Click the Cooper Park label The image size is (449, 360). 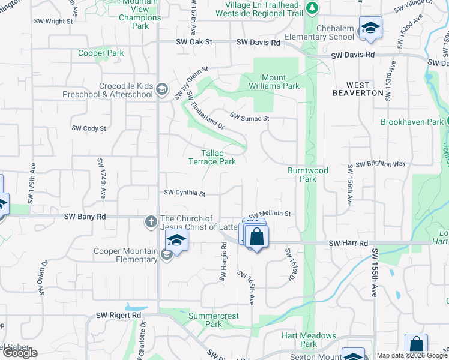point(101,53)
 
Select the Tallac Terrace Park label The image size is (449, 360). point(212,157)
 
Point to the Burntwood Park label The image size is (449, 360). point(307,175)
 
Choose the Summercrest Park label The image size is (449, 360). point(214,320)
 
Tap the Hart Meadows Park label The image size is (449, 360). point(309,340)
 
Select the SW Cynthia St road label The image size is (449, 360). point(185,193)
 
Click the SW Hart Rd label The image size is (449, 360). point(348,243)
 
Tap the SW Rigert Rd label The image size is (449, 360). point(118,315)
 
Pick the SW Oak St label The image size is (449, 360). point(194,42)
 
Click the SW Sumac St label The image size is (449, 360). point(250,118)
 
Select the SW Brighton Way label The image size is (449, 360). point(381,164)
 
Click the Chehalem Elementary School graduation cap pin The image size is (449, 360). point(370,28)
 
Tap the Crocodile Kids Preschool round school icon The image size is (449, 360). point(161,90)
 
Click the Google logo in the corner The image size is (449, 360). point(20,353)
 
